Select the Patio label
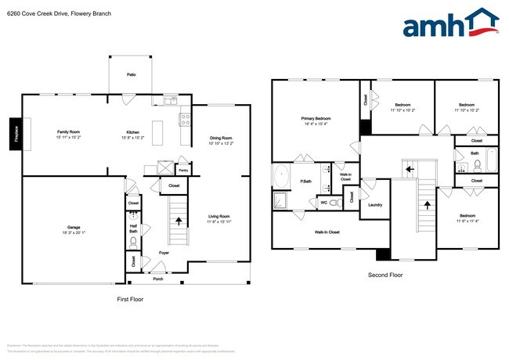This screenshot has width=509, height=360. point(132,74)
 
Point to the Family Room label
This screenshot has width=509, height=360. point(69,131)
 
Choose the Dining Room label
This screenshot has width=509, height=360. point(222,139)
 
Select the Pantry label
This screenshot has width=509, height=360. point(183,169)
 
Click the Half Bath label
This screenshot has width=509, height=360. point(133,229)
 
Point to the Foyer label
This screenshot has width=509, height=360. point(164,253)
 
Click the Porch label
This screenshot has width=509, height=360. point(158,279)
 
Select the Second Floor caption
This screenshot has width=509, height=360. point(385,275)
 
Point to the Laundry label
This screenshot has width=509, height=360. point(375,205)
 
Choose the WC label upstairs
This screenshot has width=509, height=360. point(323,203)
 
